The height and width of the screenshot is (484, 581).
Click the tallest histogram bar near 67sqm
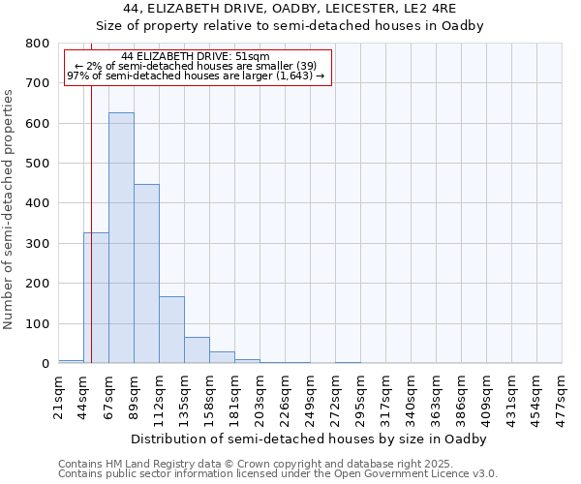tap(121, 237)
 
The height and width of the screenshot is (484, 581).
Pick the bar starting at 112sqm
tap(171, 329)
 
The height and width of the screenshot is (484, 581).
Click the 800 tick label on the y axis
tap(38, 44)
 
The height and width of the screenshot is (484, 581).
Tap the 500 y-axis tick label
tap(38, 164)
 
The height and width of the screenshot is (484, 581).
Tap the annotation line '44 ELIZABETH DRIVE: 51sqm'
tap(197, 56)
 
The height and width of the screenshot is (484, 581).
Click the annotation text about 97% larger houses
tap(197, 76)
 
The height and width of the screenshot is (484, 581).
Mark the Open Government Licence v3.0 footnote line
tap(278, 474)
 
